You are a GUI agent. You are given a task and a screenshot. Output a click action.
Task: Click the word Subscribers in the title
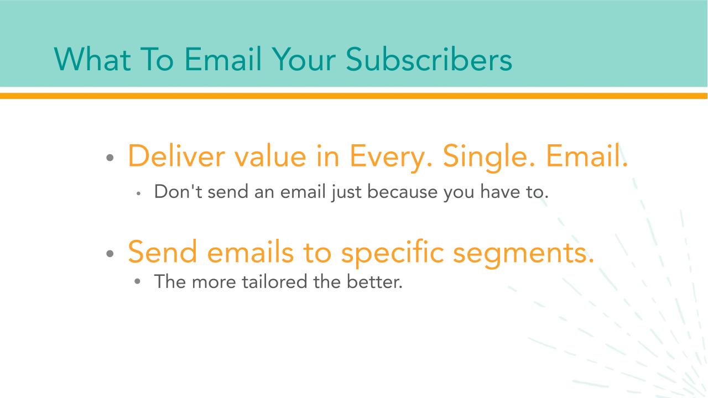[x=429, y=59]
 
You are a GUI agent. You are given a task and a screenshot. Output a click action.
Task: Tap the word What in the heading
[x=92, y=59]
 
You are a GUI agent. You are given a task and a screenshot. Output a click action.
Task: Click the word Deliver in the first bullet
[x=176, y=156]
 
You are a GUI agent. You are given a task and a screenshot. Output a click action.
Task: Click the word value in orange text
[x=270, y=156]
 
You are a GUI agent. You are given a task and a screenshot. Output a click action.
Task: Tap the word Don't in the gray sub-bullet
[x=178, y=191]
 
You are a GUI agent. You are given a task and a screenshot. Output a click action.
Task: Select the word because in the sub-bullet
[x=402, y=191]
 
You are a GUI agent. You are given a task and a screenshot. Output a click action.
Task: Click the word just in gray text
[x=346, y=193]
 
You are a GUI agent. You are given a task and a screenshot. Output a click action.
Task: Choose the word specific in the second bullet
[x=393, y=253]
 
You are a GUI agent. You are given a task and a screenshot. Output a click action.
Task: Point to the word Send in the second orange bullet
[x=163, y=252]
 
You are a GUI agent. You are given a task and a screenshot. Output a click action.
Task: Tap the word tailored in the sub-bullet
[x=275, y=281]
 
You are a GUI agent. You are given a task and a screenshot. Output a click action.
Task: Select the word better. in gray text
[x=374, y=281]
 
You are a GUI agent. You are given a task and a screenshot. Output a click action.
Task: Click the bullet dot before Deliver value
[x=110, y=158]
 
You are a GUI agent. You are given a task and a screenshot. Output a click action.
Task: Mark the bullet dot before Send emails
[x=110, y=253]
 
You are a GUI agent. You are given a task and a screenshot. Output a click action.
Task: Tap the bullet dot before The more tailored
[x=137, y=281]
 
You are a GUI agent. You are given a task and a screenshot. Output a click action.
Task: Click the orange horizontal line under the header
[x=354, y=96]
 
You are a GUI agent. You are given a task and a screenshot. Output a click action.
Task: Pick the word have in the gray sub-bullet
[x=500, y=191]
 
